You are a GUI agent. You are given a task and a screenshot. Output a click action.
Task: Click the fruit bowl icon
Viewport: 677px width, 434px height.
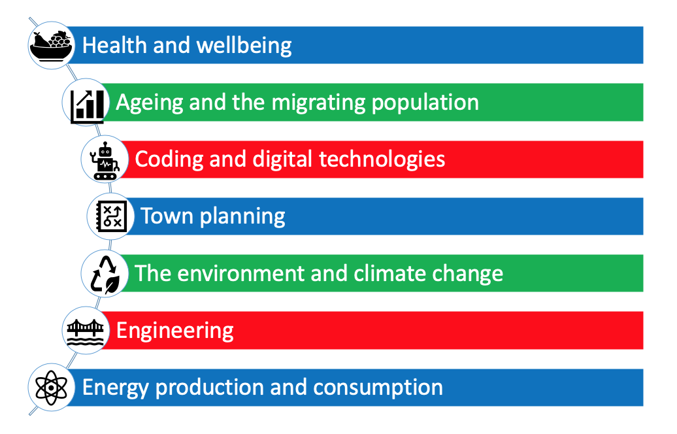coord(51,45)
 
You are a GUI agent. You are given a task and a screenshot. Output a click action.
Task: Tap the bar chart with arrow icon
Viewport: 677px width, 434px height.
coord(87,106)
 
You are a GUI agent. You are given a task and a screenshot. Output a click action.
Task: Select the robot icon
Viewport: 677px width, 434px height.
coord(105,161)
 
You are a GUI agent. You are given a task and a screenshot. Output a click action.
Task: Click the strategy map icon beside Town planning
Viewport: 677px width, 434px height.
coord(111,216)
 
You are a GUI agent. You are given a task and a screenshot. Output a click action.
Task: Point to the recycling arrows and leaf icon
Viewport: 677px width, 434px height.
coord(105,275)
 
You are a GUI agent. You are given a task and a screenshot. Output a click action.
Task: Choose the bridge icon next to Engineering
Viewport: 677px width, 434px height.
coord(86,333)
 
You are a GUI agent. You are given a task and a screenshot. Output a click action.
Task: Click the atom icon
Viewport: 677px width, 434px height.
coord(51,388)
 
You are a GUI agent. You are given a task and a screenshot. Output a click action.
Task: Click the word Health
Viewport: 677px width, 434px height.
coord(114,45)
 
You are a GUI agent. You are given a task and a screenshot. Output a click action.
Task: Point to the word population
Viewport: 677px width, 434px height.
coord(425,103)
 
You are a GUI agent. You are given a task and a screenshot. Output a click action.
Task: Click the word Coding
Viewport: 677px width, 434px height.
coord(169,159)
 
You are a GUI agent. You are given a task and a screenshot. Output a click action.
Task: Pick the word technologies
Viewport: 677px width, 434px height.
coord(382,159)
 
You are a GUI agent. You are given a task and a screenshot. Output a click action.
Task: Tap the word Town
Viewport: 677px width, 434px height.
coord(167,216)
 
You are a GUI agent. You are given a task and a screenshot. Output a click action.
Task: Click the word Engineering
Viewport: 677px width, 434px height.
coord(175,331)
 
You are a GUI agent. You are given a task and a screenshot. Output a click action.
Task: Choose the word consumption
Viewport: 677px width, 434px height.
coord(378,388)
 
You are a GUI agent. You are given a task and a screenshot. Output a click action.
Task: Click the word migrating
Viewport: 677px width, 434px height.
coord(319,103)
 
